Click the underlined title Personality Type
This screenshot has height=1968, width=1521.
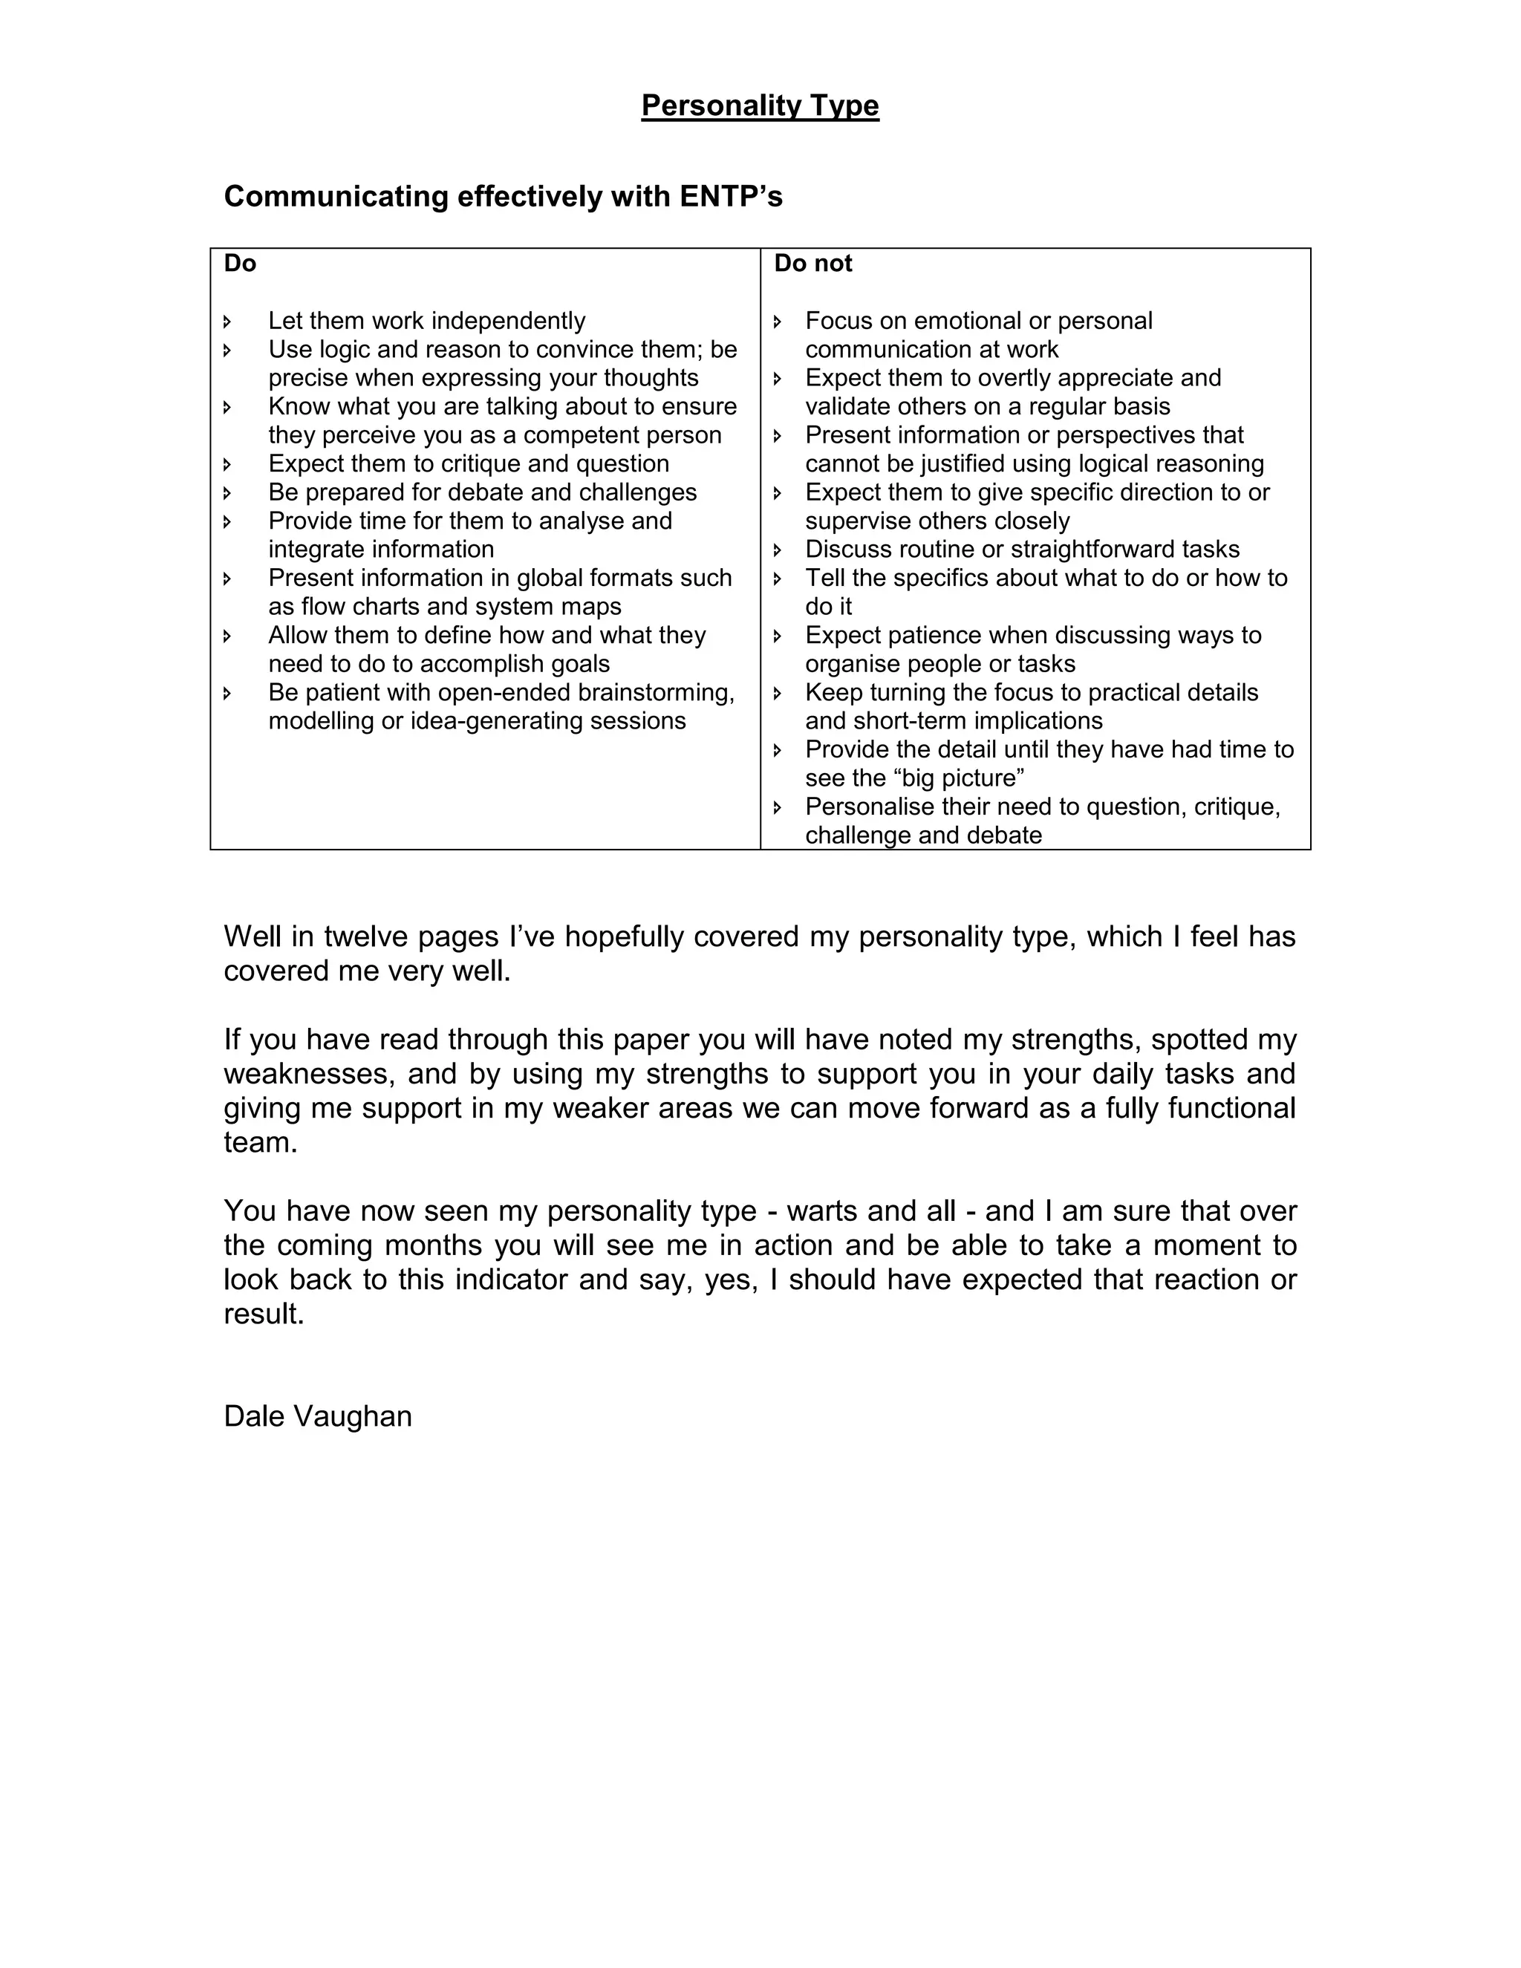pyautogui.click(x=760, y=105)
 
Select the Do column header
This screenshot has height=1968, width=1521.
pyautogui.click(x=240, y=263)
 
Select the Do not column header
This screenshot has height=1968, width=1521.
pyautogui.click(x=812, y=263)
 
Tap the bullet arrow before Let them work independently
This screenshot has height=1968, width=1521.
pyautogui.click(x=227, y=321)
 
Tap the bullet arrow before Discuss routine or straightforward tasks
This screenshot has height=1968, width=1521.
pyautogui.click(x=778, y=550)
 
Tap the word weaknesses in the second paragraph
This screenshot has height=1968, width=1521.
pyautogui.click(x=308, y=1073)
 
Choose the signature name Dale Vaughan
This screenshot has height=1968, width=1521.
pyautogui.click(x=317, y=1415)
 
